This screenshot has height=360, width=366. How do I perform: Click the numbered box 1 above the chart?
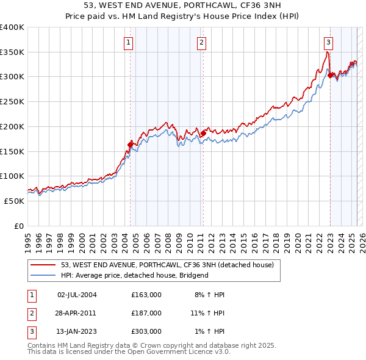point(129,42)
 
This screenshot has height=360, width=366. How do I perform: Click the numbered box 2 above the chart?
point(201,42)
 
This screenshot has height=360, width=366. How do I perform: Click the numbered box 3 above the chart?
point(328,42)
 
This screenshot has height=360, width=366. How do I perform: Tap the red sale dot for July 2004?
point(130,145)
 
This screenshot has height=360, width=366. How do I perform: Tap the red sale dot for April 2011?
point(203,132)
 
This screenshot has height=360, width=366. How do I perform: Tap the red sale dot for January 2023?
point(330,76)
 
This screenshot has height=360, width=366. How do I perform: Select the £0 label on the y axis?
point(19,226)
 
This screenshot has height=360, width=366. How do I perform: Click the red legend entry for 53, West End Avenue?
point(168,265)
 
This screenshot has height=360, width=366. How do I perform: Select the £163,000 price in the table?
point(146,295)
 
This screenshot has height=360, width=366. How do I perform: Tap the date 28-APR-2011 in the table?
point(76,312)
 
